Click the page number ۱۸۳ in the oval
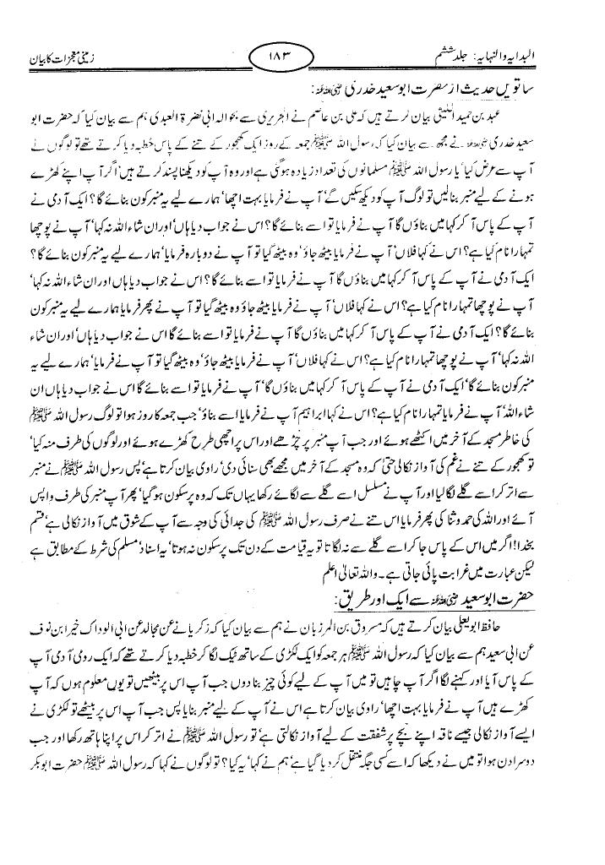(299, 58)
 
